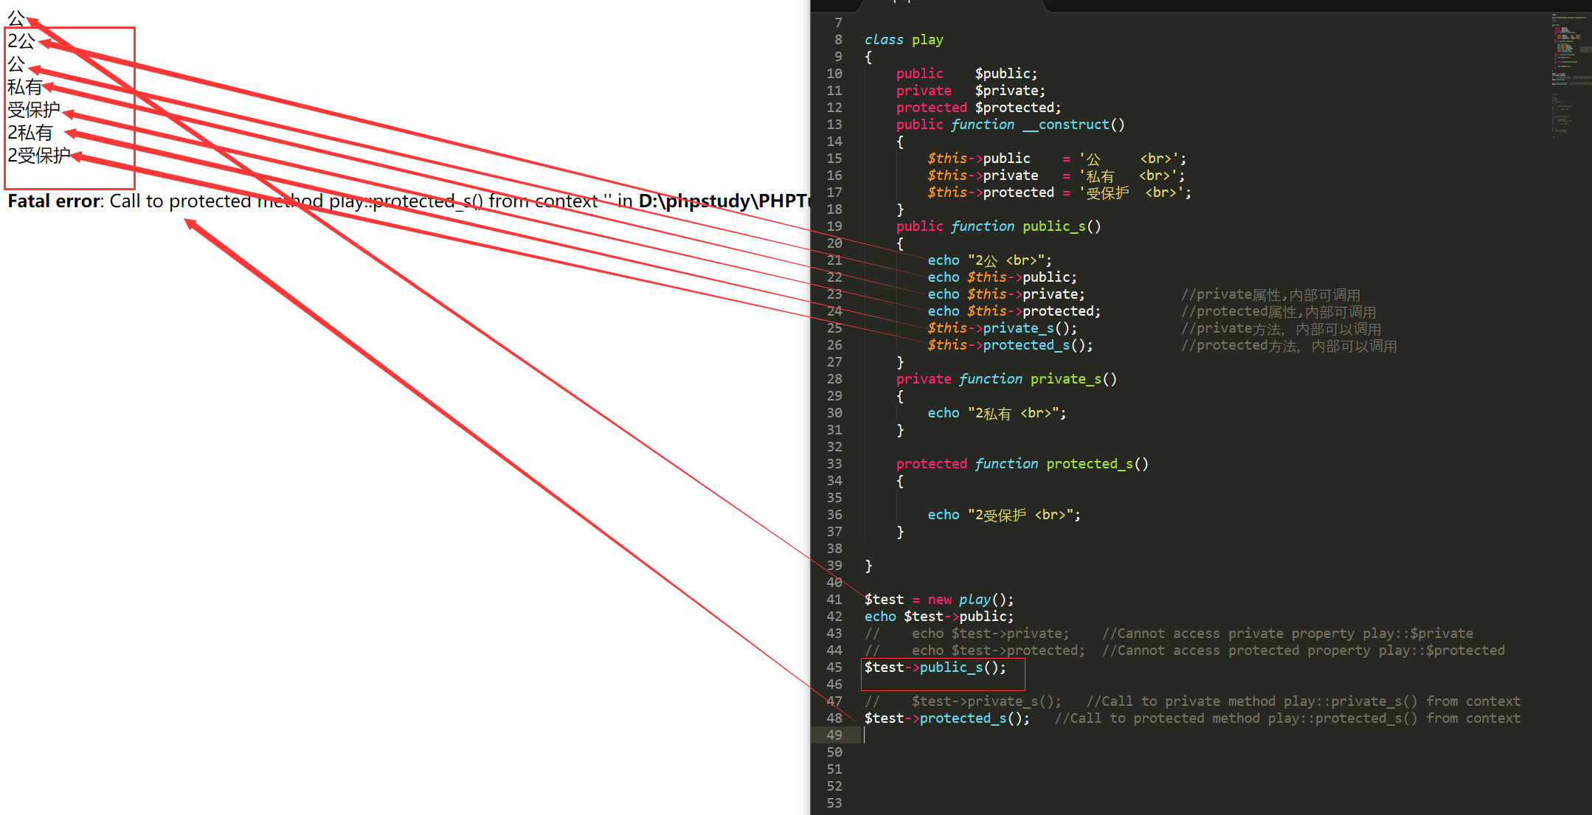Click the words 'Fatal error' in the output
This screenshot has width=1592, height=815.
[53, 201]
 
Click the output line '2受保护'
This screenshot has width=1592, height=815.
[38, 156]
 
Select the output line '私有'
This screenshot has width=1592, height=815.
[24, 87]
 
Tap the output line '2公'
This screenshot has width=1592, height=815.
[21, 41]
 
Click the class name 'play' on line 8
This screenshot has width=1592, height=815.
[927, 40]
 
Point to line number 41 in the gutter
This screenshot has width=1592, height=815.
[834, 600]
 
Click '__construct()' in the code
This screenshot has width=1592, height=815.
[1073, 125]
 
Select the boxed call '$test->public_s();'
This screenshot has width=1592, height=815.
[935, 667]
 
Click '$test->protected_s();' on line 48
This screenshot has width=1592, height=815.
[946, 718]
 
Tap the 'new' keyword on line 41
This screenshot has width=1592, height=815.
[939, 600]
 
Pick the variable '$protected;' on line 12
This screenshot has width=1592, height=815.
[1017, 108]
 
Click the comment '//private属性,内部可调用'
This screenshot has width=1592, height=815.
[1270, 295]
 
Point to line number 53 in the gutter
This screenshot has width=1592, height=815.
[834, 803]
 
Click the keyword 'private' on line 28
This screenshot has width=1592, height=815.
[924, 379]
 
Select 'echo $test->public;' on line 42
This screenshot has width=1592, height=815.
[938, 617]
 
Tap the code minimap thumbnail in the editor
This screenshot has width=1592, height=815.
[1570, 74]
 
